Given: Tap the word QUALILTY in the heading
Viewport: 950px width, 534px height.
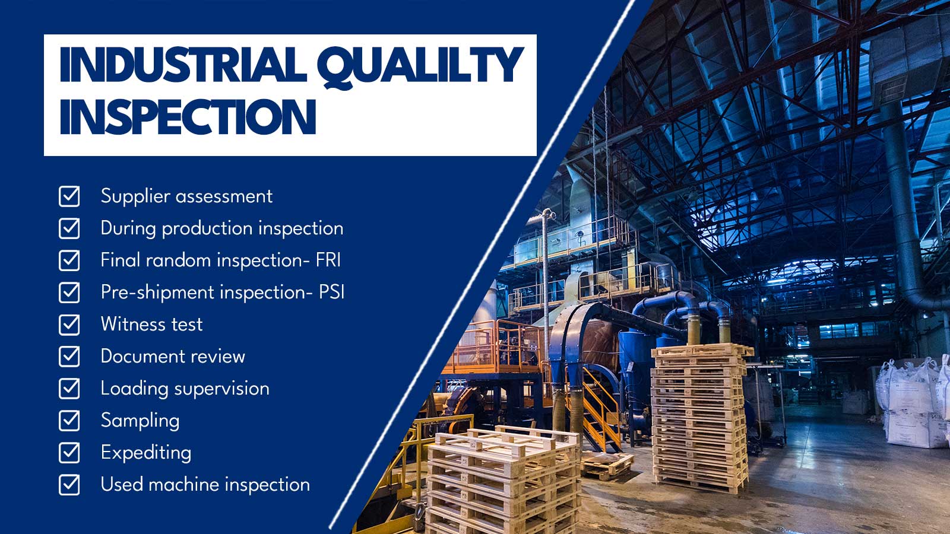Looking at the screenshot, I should tap(419, 66).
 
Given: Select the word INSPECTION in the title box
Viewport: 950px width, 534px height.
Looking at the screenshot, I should tap(188, 117).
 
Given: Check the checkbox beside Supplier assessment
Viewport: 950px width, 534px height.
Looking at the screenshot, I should tap(69, 196).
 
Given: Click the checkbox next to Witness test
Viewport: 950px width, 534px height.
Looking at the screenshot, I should tap(69, 325).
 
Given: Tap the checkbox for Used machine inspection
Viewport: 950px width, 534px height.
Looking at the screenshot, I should tap(69, 485).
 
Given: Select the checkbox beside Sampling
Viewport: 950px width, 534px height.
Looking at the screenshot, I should tap(69, 421).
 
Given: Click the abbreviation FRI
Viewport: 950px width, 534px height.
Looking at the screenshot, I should tap(328, 260).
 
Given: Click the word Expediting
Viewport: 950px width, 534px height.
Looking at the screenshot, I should tap(146, 453).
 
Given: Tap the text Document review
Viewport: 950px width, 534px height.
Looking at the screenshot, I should tap(173, 357).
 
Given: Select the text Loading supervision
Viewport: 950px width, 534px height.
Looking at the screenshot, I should tap(185, 389).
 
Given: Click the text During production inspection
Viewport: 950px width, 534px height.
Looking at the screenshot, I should tap(221, 228).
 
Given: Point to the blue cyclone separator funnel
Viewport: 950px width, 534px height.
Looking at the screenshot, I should tap(635, 356).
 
